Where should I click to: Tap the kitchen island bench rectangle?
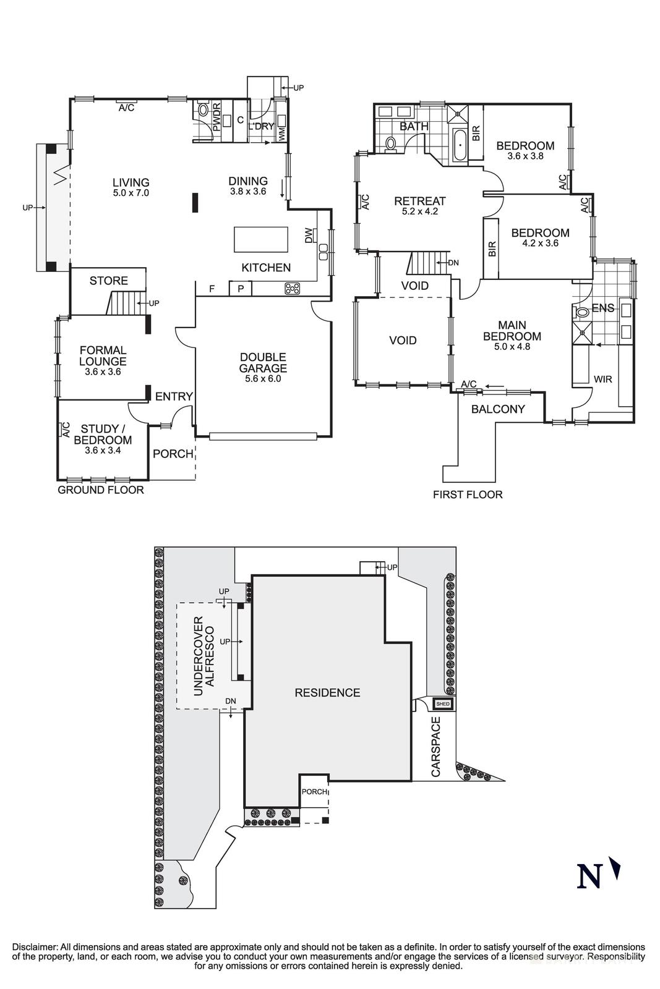[x=260, y=239]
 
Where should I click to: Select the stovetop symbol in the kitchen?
[x=292, y=288]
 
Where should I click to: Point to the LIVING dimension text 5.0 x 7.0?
[x=131, y=193]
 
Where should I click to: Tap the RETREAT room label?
[x=420, y=201]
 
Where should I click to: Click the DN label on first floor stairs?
[x=453, y=263]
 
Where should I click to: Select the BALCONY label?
[x=498, y=409]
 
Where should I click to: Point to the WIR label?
[x=602, y=379]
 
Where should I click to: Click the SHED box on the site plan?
[x=443, y=704]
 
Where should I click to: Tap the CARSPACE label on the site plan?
[x=435, y=747]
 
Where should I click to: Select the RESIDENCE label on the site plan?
[x=327, y=693]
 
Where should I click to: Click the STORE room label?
[x=109, y=281]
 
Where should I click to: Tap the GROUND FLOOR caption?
[x=100, y=490]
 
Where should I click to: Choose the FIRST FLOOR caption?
[x=468, y=494]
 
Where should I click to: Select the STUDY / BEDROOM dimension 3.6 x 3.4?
[x=103, y=451]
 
